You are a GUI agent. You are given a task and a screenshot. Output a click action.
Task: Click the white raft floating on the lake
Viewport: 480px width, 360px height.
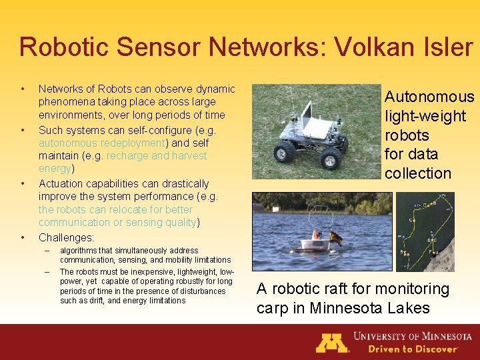315,243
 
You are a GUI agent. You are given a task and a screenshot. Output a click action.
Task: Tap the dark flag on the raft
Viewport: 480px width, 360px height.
335,237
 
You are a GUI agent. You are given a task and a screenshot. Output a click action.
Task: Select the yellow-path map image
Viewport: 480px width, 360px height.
425,231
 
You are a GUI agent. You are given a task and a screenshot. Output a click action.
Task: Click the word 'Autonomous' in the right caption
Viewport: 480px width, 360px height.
429,97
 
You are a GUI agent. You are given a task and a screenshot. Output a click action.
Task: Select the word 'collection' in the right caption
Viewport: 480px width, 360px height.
418,173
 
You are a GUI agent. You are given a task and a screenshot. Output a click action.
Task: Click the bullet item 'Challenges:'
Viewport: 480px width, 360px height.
66,237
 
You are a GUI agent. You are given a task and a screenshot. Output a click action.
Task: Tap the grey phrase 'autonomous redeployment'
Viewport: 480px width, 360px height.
101,143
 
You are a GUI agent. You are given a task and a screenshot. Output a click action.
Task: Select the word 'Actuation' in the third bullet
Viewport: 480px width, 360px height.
61,183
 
